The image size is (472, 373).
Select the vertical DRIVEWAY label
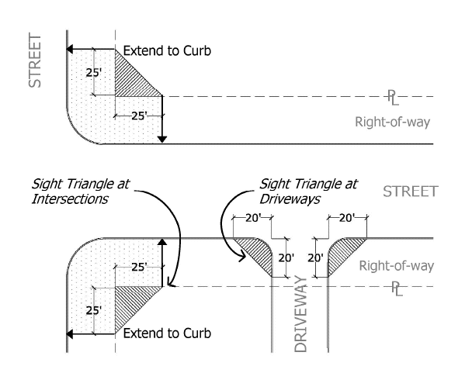[x=302, y=319]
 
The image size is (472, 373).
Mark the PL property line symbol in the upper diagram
[x=394, y=96]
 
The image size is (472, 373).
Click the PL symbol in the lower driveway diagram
[x=395, y=288]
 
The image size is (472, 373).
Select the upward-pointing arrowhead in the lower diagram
[x=162, y=243]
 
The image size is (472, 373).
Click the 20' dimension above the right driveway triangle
[x=347, y=219]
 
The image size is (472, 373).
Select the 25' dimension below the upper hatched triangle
[x=138, y=116]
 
